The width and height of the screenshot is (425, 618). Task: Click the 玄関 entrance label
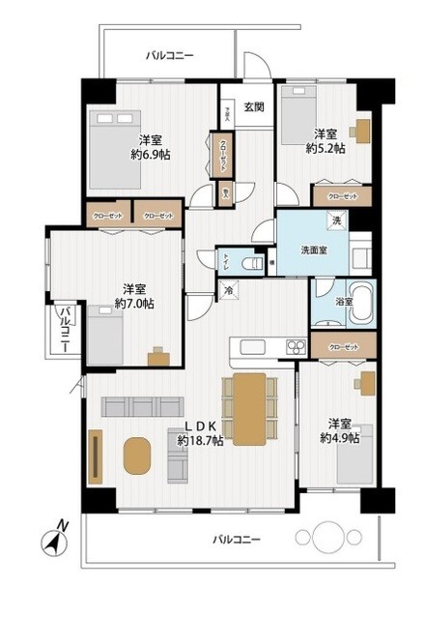click(254, 106)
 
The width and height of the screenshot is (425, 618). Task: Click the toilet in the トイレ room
click(250, 263)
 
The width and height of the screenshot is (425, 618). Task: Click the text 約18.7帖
click(200, 441)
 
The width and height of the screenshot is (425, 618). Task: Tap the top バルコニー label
click(170, 56)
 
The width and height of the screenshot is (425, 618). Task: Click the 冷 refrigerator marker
click(229, 290)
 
